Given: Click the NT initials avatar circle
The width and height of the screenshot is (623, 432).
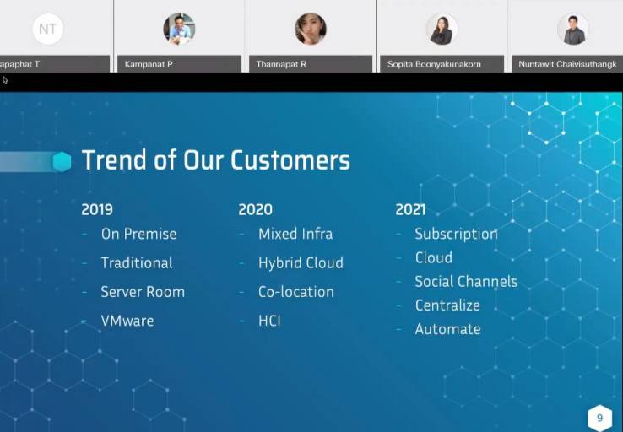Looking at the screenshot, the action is coord(47,29).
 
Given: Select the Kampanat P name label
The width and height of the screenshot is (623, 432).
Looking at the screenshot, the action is coord(149,64).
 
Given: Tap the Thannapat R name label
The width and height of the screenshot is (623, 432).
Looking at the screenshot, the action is coord(281,64).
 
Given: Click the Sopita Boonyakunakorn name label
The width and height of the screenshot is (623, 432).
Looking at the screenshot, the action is coord(434,64).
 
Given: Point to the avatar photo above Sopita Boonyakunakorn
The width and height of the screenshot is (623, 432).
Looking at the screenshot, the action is coord(442,29).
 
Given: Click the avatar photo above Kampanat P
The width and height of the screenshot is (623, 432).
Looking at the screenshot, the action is coord(179,29).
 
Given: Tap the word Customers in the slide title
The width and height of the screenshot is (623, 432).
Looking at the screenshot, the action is coord(290,160).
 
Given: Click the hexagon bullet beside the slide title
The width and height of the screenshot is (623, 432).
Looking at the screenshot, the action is coord(62,162).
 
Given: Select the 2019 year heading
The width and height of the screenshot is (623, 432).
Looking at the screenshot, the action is coord(97,209).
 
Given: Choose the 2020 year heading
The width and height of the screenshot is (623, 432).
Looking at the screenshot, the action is coord(256,209).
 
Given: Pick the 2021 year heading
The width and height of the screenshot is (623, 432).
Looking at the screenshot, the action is coord(410,209).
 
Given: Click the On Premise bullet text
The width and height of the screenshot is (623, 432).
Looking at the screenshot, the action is coord(138,234).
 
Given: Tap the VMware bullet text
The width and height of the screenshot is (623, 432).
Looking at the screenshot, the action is coord(127,321).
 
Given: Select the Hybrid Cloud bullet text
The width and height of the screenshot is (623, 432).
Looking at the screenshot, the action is coord(301,263).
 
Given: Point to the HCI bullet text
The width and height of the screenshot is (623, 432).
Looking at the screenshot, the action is coord(269,321).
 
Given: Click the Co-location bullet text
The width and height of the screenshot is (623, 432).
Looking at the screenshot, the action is coord(296,292).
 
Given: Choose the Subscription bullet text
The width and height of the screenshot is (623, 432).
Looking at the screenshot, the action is coord(456,235).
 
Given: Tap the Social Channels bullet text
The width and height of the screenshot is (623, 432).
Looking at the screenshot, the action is coord(466,282).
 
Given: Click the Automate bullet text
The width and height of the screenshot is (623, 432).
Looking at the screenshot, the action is coord(447,329).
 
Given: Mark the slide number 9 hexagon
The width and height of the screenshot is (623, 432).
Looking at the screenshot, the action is coord(599,418).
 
